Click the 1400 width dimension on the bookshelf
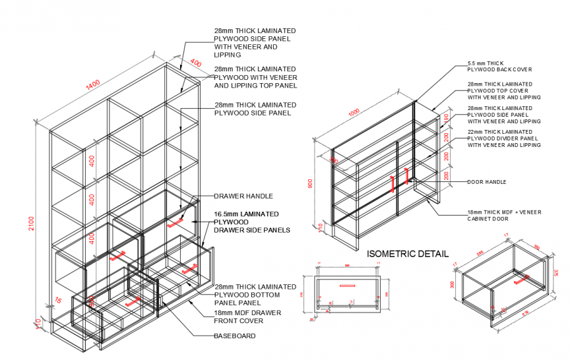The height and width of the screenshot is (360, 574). tap(92, 84)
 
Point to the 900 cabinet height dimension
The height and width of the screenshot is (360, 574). tap(311, 183)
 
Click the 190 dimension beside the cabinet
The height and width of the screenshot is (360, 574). tap(447, 118)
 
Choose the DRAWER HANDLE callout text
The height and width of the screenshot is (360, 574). tap(243, 196)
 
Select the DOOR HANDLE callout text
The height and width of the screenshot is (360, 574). tap(486, 182)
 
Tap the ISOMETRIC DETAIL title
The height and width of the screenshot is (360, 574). tap(407, 253)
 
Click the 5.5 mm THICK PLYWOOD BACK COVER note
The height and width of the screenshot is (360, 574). tap(499, 65)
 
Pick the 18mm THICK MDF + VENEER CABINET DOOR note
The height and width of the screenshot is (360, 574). tap(503, 216)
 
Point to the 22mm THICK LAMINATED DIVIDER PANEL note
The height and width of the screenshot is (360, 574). tap(503, 141)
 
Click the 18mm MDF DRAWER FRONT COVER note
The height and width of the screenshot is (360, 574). tap(247, 316)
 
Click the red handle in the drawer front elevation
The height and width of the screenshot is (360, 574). tap(347, 286)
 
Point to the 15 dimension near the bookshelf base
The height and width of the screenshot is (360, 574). tap(59, 300)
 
